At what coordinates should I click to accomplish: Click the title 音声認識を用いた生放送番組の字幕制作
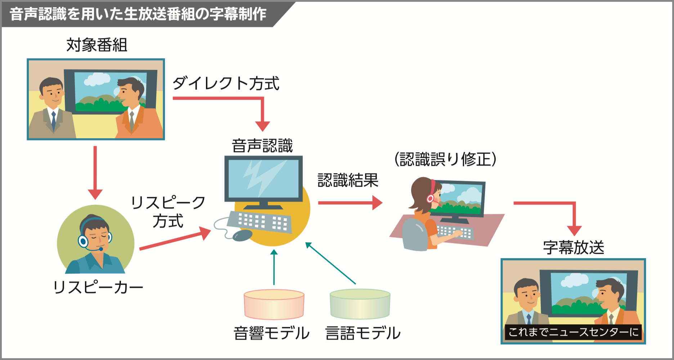tap(138, 14)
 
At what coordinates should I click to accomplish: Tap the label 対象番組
tap(96, 45)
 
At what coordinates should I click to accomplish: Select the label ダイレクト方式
tap(226, 84)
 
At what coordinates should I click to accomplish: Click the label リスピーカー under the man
tap(98, 287)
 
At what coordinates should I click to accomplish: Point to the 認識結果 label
tap(348, 180)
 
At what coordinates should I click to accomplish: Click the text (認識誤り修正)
tap(445, 159)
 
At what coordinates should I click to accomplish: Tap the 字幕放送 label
tap(573, 247)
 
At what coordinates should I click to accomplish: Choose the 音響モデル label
tap(271, 333)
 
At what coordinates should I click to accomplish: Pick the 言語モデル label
tap(363, 333)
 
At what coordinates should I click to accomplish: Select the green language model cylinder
tap(360, 304)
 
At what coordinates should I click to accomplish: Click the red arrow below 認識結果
tap(349, 203)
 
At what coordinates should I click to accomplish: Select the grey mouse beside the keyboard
tap(242, 235)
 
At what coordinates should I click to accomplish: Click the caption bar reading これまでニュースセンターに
tap(573, 332)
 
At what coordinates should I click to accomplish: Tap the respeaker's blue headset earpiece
tap(83, 241)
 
